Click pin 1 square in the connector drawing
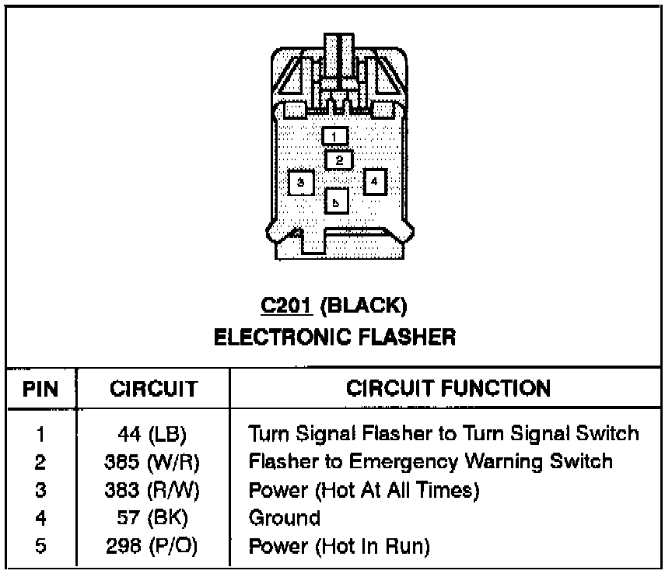(x=335, y=137)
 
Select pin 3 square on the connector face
(x=300, y=183)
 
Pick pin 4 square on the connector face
(x=374, y=181)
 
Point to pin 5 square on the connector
(x=336, y=201)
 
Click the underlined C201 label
(x=286, y=306)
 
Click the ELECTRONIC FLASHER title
(x=334, y=337)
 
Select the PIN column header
(x=40, y=388)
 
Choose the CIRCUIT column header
(x=153, y=388)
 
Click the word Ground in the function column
(x=284, y=518)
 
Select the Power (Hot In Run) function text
(x=339, y=546)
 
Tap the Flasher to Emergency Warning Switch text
(x=430, y=462)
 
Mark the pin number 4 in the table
(x=40, y=518)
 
